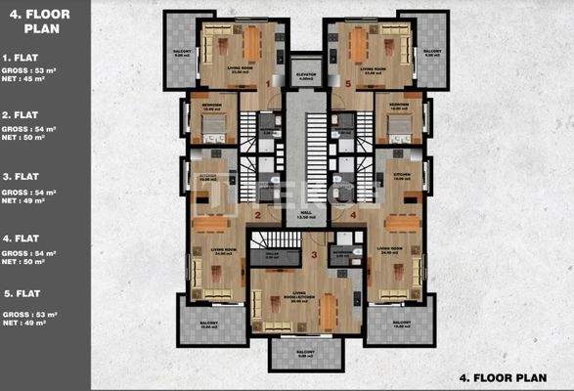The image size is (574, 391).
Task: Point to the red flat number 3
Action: click(x=314, y=255)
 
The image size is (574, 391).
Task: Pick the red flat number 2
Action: click(x=257, y=215)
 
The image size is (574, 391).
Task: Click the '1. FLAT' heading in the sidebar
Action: click(x=21, y=59)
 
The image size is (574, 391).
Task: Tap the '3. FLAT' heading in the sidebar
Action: click(x=21, y=176)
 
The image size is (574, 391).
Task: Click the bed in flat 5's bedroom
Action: click(x=397, y=124)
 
